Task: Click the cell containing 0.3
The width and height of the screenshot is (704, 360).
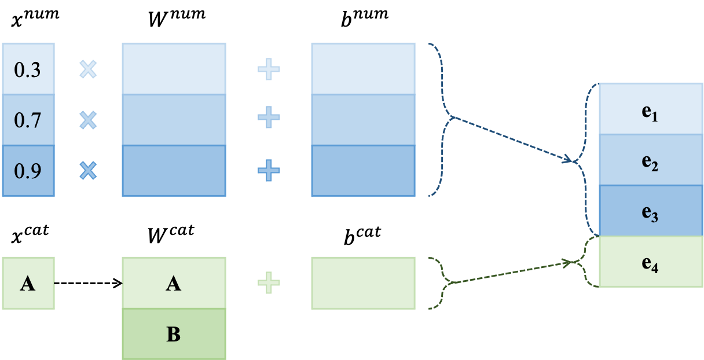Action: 28,69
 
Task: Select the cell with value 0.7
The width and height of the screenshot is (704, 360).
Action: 28,120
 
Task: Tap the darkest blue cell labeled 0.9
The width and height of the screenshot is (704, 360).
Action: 28,171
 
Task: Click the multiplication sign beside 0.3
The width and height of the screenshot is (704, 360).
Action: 88,69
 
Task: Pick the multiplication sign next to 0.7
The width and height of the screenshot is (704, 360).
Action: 88,120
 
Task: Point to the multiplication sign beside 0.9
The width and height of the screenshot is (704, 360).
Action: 88,171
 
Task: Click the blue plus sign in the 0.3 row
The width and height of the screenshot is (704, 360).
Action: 269,69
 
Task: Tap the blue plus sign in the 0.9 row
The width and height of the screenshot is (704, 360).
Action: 269,171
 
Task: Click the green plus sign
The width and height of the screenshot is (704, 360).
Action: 269,283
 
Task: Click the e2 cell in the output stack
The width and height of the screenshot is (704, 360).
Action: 651,160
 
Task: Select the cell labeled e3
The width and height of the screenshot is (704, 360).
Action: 651,211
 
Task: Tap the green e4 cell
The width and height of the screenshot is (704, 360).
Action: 651,262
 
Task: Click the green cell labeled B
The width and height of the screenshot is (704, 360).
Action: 174,334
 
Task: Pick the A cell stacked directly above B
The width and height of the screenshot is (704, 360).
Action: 174,283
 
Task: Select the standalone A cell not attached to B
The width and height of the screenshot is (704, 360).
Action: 28,283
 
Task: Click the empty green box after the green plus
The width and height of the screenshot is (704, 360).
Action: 363,283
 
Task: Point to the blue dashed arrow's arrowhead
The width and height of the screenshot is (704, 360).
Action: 570,159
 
